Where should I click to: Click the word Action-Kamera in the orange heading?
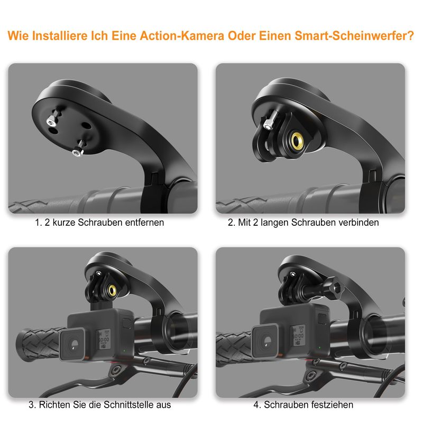coord(182,36)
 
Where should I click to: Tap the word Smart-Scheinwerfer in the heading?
coord(354,36)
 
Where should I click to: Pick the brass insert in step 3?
coord(113,290)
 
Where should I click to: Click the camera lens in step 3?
coord(72,344)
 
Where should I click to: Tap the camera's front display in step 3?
coord(104,339)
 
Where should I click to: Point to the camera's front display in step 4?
coord(298,335)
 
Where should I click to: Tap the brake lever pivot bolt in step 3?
coord(115,371)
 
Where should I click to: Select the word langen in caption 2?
coord(274,223)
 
